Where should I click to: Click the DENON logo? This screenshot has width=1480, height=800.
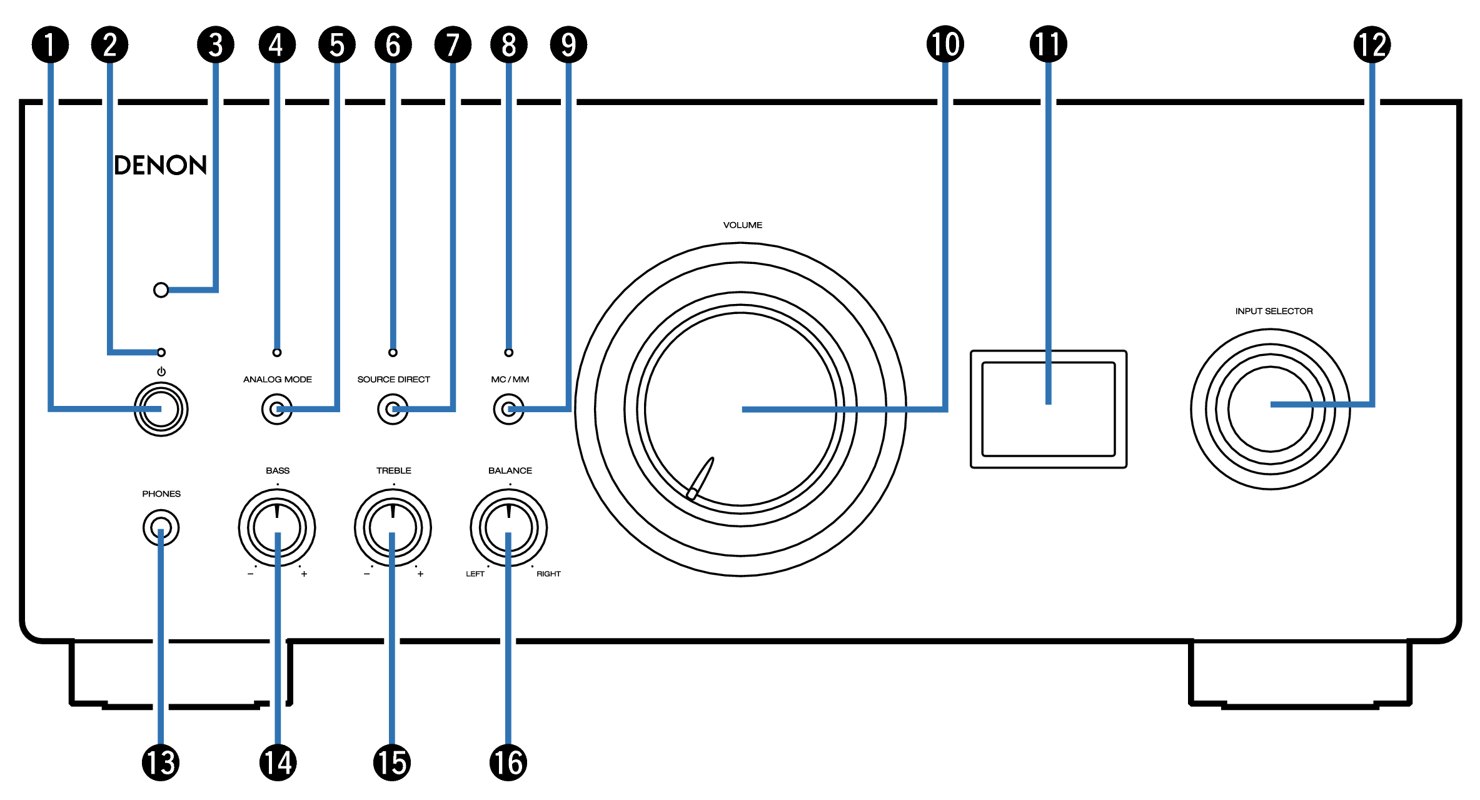click(x=160, y=165)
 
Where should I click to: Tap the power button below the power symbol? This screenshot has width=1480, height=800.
click(x=161, y=409)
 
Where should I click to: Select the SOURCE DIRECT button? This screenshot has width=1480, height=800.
click(x=393, y=410)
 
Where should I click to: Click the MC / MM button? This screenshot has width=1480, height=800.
click(x=508, y=410)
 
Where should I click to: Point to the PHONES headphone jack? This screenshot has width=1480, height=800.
click(x=161, y=527)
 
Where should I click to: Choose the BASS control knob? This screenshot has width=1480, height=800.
click(x=277, y=527)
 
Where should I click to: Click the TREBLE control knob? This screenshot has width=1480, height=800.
click(x=393, y=527)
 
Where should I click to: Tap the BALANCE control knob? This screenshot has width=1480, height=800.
click(x=508, y=527)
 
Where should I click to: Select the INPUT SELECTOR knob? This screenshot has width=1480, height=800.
click(x=1270, y=409)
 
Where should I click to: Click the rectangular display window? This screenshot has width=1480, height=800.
click(x=1049, y=409)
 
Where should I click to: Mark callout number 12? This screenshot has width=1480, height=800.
click(x=1372, y=44)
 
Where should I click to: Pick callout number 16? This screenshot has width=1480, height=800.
click(x=508, y=762)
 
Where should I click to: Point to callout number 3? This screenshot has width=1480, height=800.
click(x=216, y=44)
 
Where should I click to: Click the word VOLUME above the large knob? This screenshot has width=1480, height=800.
click(x=742, y=225)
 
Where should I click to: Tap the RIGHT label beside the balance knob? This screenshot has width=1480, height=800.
click(x=548, y=574)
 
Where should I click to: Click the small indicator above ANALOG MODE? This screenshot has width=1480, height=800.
click(x=277, y=353)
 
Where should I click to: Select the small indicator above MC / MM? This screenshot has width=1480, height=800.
click(x=509, y=353)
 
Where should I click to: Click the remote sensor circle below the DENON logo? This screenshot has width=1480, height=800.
click(x=161, y=290)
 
